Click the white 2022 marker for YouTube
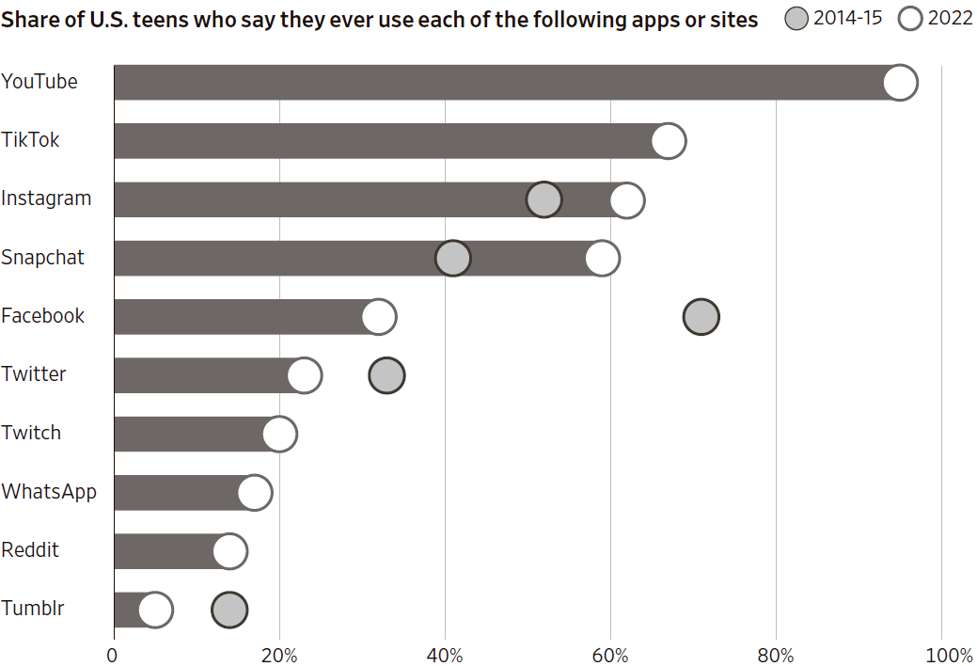[x=900, y=83]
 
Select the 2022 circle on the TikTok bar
[x=669, y=141]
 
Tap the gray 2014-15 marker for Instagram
[x=544, y=199]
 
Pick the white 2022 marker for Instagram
[x=627, y=199]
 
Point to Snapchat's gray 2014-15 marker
[x=453, y=258]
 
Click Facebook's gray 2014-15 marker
[x=701, y=317]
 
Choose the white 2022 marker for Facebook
[x=379, y=317]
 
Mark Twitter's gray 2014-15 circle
[x=386, y=375]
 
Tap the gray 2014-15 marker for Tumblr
[x=229, y=610]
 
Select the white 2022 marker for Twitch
[x=279, y=434]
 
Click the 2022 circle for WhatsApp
[x=255, y=493]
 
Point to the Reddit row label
[x=30, y=549]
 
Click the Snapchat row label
[x=42, y=257]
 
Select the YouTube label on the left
[x=39, y=82]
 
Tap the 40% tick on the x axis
[x=445, y=655]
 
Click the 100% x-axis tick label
[x=950, y=655]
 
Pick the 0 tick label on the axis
[x=114, y=655]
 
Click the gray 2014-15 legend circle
[x=796, y=19]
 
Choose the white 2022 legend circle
[x=911, y=19]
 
